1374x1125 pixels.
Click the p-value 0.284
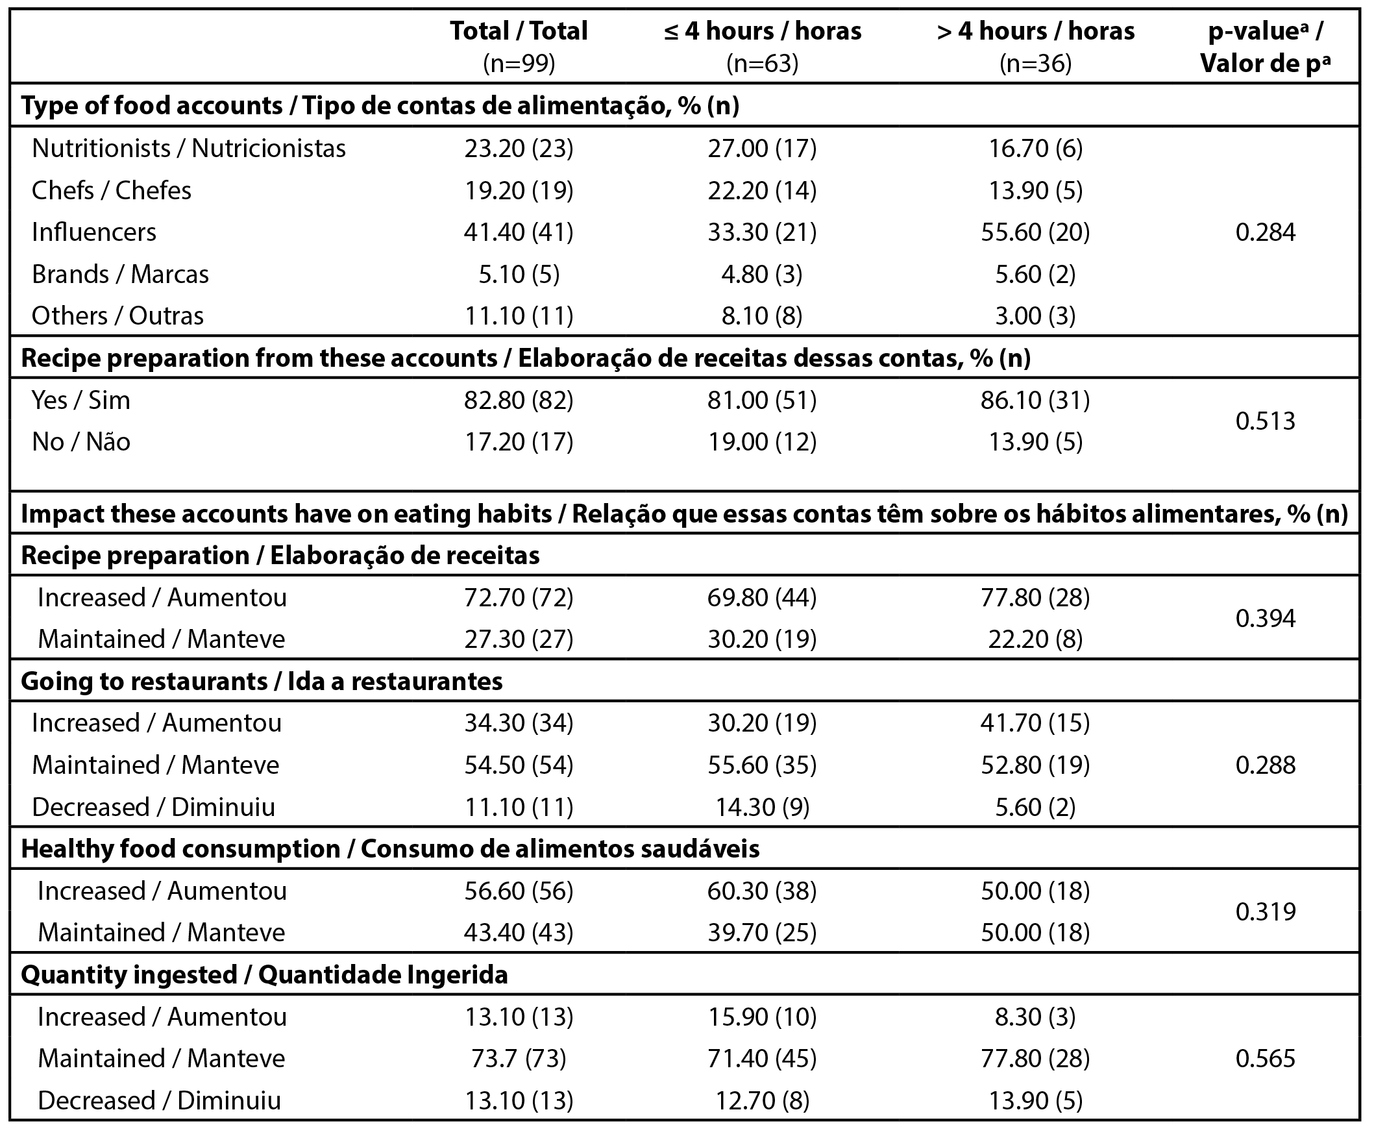click(x=1265, y=232)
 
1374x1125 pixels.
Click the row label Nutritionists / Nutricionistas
click(x=189, y=149)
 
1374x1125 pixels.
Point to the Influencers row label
click(x=94, y=232)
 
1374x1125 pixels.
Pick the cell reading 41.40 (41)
click(x=519, y=232)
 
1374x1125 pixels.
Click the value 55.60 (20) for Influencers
click(x=1035, y=232)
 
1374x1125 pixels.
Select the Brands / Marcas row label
click(x=120, y=275)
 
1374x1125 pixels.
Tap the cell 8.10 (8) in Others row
click(x=762, y=316)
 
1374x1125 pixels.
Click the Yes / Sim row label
click(x=81, y=401)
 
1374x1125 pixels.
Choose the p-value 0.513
click(x=1265, y=421)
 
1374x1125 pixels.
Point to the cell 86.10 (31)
click(x=1035, y=401)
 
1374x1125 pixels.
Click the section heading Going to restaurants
click(x=262, y=681)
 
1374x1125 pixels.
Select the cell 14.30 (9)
click(x=762, y=807)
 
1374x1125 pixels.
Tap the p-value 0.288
click(x=1265, y=765)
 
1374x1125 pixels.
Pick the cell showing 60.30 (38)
click(x=762, y=891)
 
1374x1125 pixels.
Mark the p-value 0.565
click(x=1265, y=1058)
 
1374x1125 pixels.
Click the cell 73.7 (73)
click(x=519, y=1058)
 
